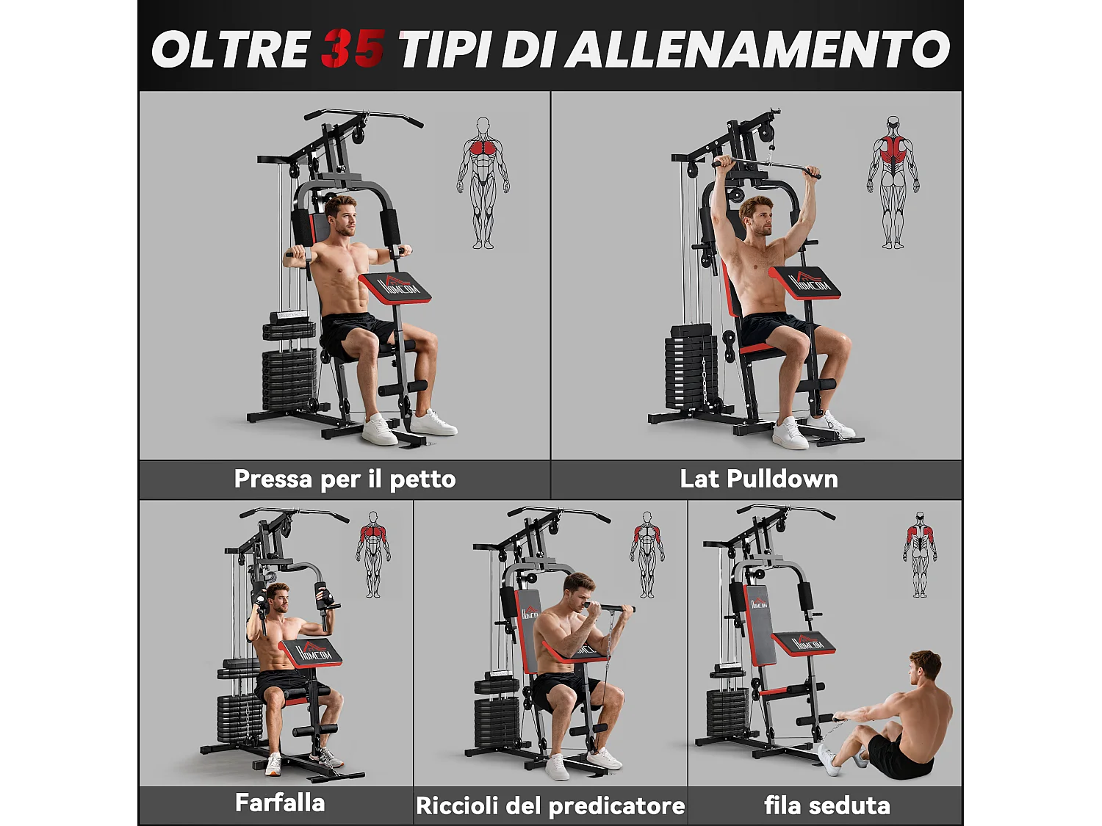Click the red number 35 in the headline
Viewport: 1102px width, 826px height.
(x=352, y=49)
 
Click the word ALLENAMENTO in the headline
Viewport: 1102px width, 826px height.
(x=760, y=49)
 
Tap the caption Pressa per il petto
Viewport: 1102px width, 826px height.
(x=345, y=479)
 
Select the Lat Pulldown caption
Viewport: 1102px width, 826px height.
(x=758, y=479)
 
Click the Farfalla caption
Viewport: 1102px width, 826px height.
(x=280, y=803)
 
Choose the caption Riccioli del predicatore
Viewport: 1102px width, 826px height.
(x=550, y=805)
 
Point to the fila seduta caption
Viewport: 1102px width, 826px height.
(x=826, y=805)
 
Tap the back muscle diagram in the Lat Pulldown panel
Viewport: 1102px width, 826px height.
(x=893, y=181)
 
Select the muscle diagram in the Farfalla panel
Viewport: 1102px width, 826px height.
(x=373, y=554)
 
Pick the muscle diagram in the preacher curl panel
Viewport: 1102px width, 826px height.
(x=647, y=554)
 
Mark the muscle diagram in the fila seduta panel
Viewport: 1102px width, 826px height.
(x=920, y=554)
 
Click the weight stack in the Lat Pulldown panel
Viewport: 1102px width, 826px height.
(x=691, y=367)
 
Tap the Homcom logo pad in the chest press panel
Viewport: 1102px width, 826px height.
(x=395, y=286)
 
